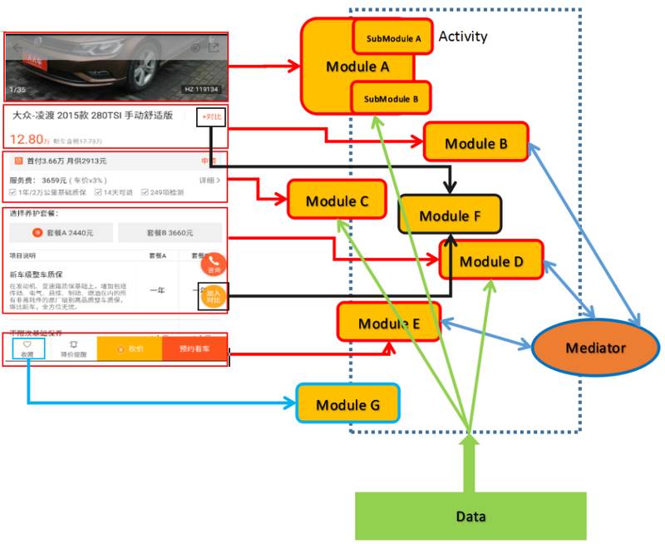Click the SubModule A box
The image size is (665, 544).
393,38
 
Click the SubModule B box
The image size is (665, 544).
392,99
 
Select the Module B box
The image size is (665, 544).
475,143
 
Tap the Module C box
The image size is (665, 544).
337,200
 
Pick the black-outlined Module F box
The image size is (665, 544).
450,215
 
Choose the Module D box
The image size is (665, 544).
491,260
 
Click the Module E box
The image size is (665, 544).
388,323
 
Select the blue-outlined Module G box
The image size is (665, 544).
347,405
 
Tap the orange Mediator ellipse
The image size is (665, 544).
594,347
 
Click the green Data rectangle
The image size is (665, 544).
470,516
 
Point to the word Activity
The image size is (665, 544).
463,37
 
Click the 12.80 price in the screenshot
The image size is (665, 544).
26,138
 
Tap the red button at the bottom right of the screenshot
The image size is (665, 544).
195,349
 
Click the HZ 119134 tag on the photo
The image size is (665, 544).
201,89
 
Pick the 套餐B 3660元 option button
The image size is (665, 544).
170,233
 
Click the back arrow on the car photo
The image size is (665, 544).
16,47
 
